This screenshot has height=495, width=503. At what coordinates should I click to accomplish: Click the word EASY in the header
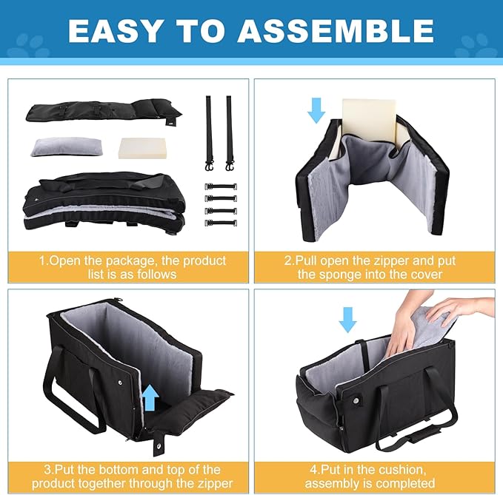tap(114, 31)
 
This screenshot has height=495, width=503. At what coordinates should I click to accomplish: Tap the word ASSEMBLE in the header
tap(336, 31)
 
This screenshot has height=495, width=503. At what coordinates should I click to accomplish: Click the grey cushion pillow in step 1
tap(66, 147)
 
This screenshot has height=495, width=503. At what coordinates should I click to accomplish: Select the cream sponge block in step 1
tap(142, 148)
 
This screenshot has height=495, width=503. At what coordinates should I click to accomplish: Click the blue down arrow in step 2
tap(316, 110)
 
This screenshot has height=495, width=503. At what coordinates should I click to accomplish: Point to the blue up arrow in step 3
tap(150, 398)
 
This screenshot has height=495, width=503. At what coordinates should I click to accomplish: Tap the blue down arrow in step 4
tap(347, 320)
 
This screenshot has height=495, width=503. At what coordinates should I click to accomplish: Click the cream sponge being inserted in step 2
tap(369, 120)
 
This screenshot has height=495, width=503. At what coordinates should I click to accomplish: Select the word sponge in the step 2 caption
tap(342, 275)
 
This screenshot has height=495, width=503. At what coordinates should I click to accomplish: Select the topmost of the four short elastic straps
tap(221, 186)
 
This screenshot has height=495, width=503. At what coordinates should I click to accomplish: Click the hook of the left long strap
tap(210, 166)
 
